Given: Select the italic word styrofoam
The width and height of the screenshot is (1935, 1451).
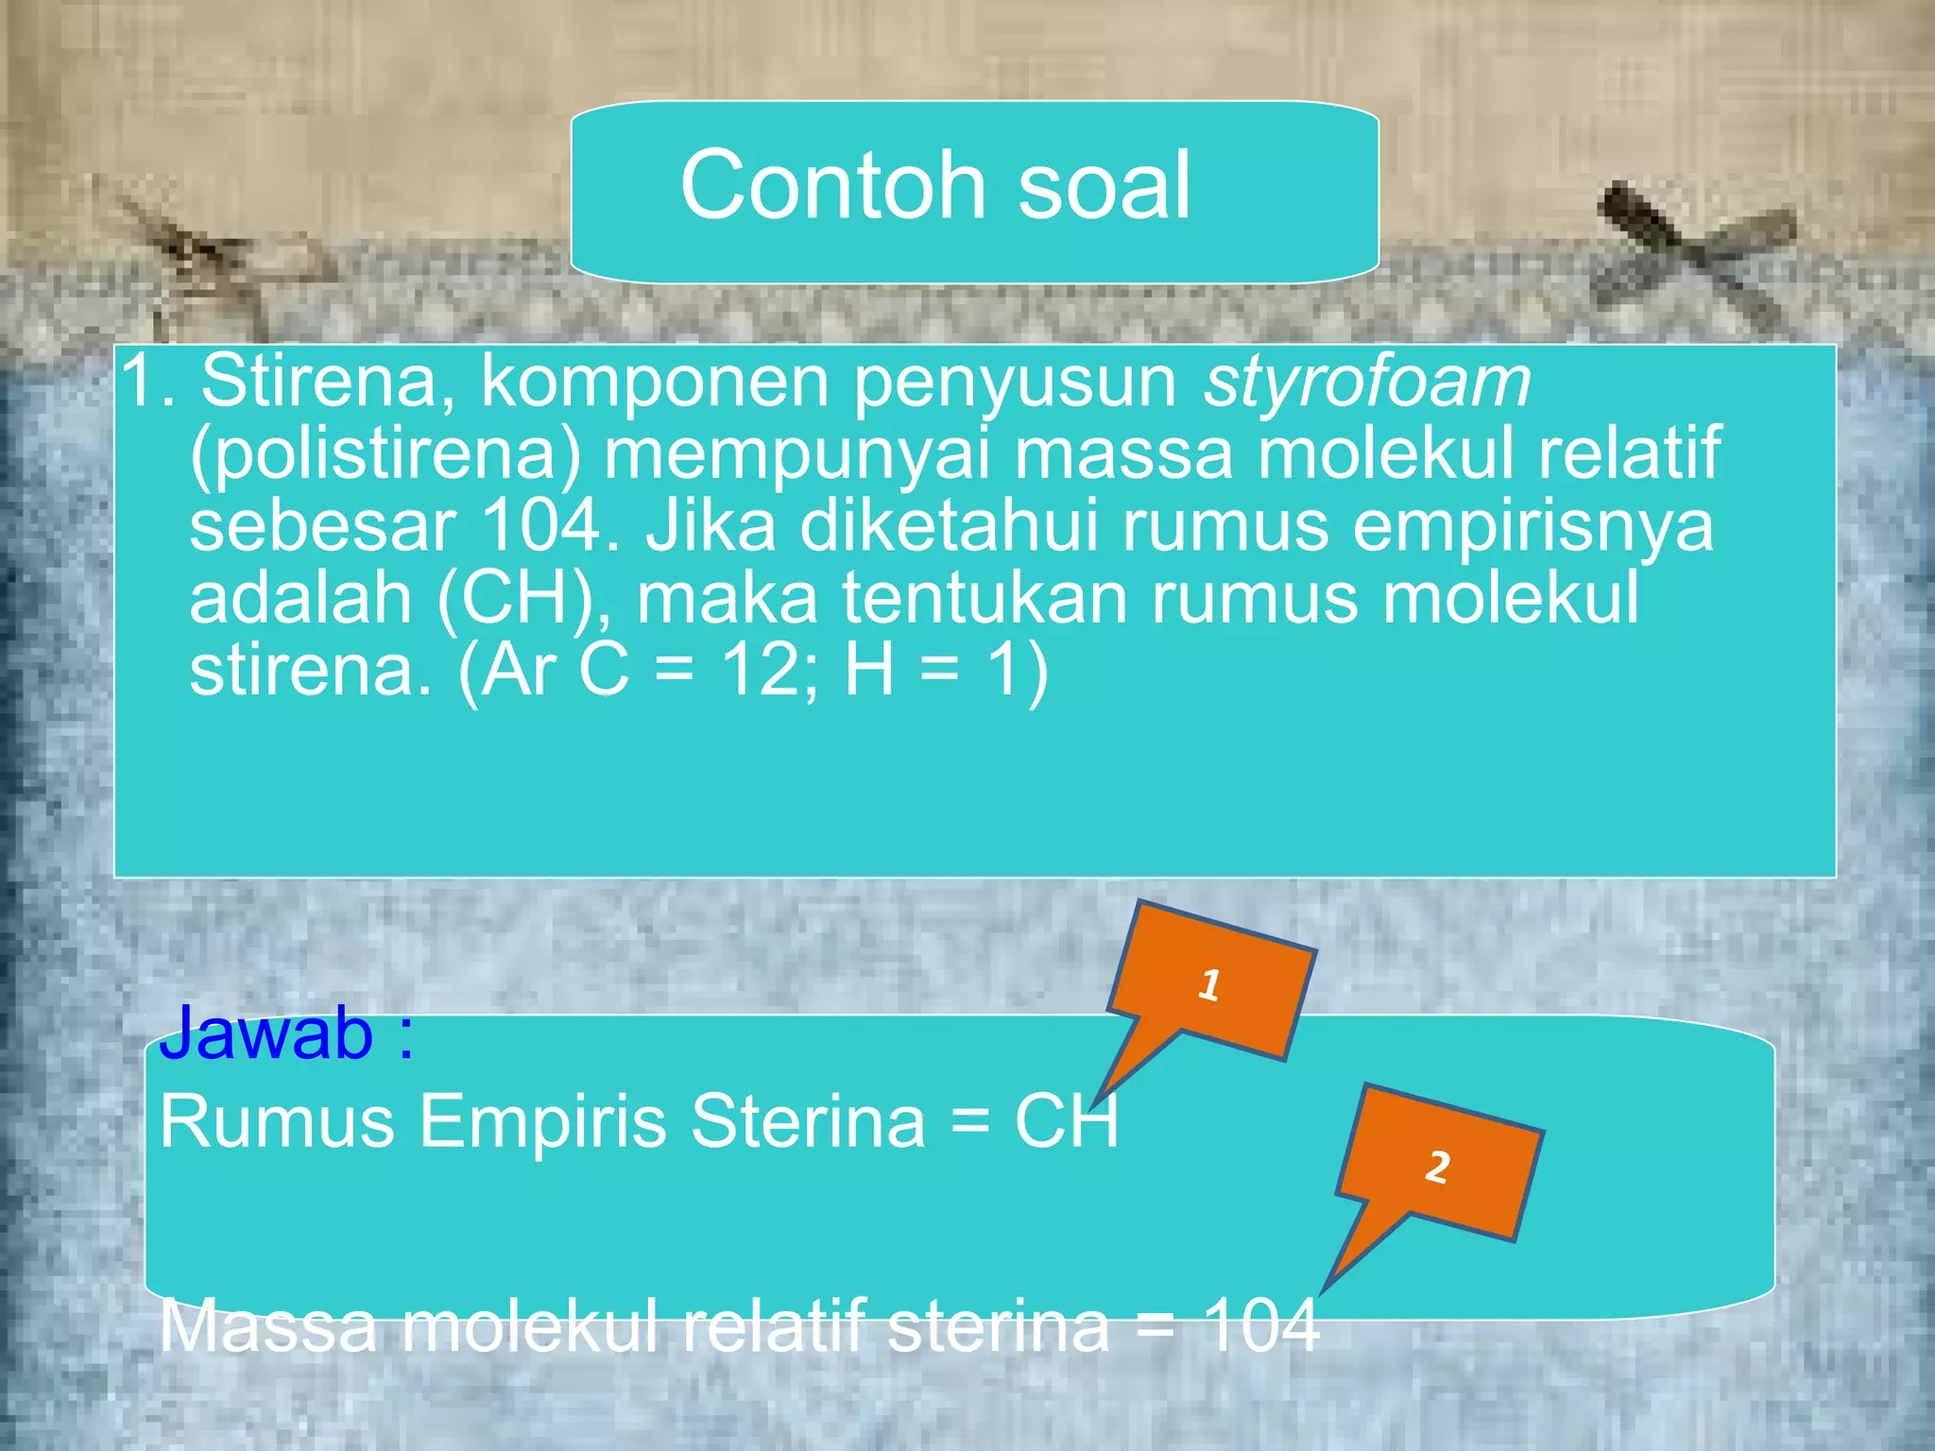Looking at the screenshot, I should pyautogui.click(x=1366, y=382).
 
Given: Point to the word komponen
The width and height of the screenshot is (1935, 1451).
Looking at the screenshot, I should pyautogui.click(x=655, y=384).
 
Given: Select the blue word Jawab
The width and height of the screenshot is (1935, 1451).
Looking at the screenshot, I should pyautogui.click(x=266, y=1033).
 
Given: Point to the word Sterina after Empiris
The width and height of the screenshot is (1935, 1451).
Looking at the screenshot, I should pyautogui.click(x=808, y=1121).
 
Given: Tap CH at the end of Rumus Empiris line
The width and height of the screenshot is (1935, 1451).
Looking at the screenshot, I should pyautogui.click(x=1066, y=1121).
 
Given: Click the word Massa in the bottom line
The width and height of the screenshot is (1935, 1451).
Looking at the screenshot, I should pyautogui.click(x=268, y=1325).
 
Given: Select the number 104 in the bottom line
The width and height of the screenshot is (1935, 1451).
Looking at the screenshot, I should pyautogui.click(x=1260, y=1325).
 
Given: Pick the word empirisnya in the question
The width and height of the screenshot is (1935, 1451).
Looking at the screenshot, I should pyautogui.click(x=1533, y=525).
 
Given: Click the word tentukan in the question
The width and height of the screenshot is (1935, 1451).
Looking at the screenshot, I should pyautogui.click(x=984, y=599).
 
